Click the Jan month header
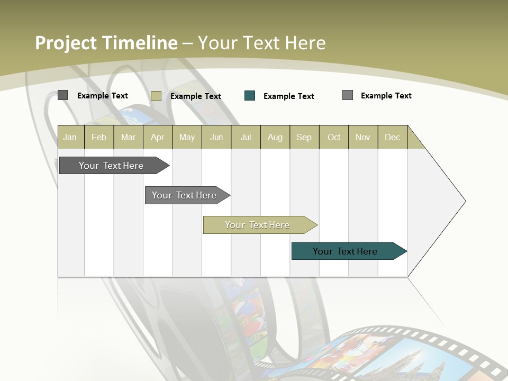click(70, 137)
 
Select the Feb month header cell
click(99, 137)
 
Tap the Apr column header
click(158, 137)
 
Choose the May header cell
click(187, 137)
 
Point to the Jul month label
click(246, 137)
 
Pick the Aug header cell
click(275, 137)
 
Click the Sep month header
click(304, 137)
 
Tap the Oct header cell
click(334, 137)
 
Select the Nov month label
click(363, 137)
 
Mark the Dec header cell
click(393, 137)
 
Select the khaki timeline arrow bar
click(258, 225)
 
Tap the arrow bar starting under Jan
click(112, 166)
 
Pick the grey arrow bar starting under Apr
click(185, 195)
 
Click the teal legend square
click(250, 96)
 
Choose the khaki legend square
click(156, 96)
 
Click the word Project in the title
click(67, 43)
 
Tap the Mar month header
click(128, 137)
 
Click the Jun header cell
click(216, 137)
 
